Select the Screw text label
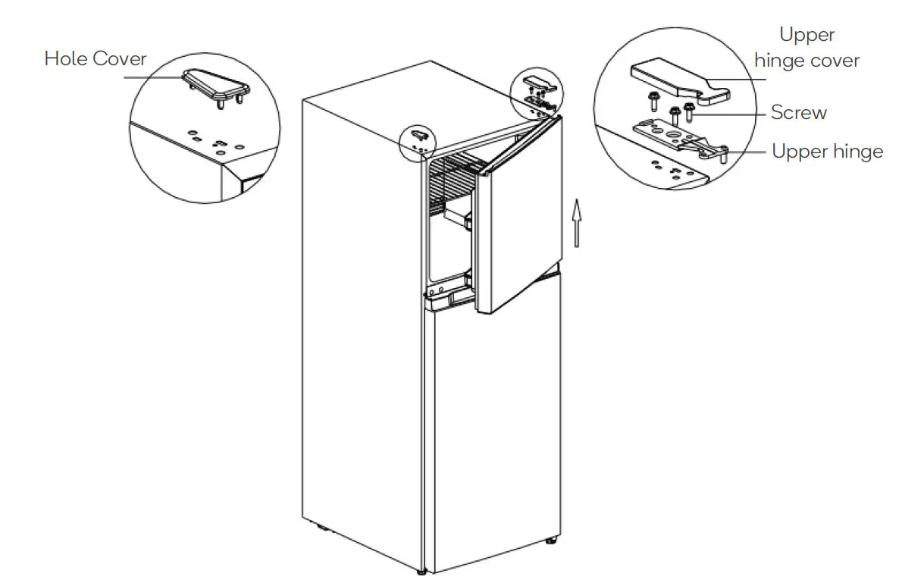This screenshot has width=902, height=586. (x=798, y=113)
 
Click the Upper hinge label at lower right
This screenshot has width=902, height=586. (x=827, y=152)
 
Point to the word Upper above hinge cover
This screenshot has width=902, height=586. (x=806, y=35)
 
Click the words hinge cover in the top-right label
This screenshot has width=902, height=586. (x=806, y=61)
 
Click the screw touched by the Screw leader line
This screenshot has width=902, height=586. (x=689, y=113)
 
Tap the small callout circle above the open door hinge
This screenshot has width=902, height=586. (x=537, y=92)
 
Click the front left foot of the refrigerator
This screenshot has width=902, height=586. (x=421, y=569)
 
